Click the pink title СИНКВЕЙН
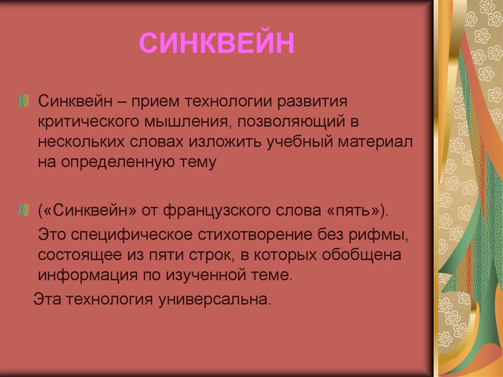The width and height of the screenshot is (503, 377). [217, 43]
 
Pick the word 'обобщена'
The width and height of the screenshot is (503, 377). [362, 255]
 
